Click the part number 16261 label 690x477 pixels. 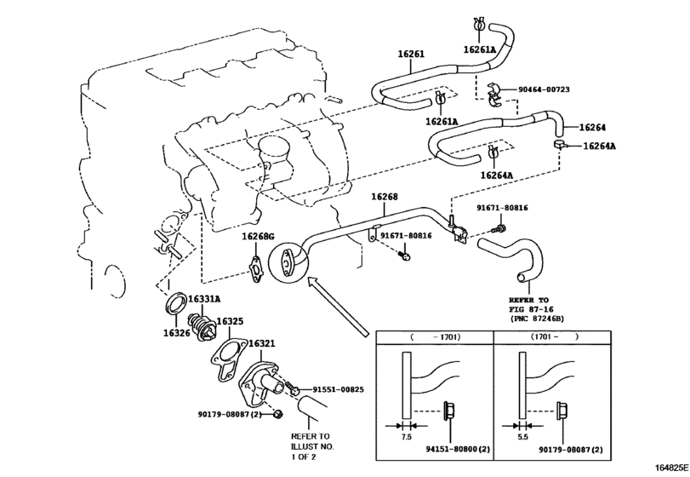[410, 54]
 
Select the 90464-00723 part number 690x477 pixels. [557, 89]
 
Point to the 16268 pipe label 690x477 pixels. [384, 197]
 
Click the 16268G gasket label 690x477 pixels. [257, 236]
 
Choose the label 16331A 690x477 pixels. [204, 299]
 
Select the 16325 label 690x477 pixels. [230, 322]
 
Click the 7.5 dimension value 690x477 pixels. [406, 435]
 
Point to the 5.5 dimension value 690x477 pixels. [522, 435]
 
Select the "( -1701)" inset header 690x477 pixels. [435, 337]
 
